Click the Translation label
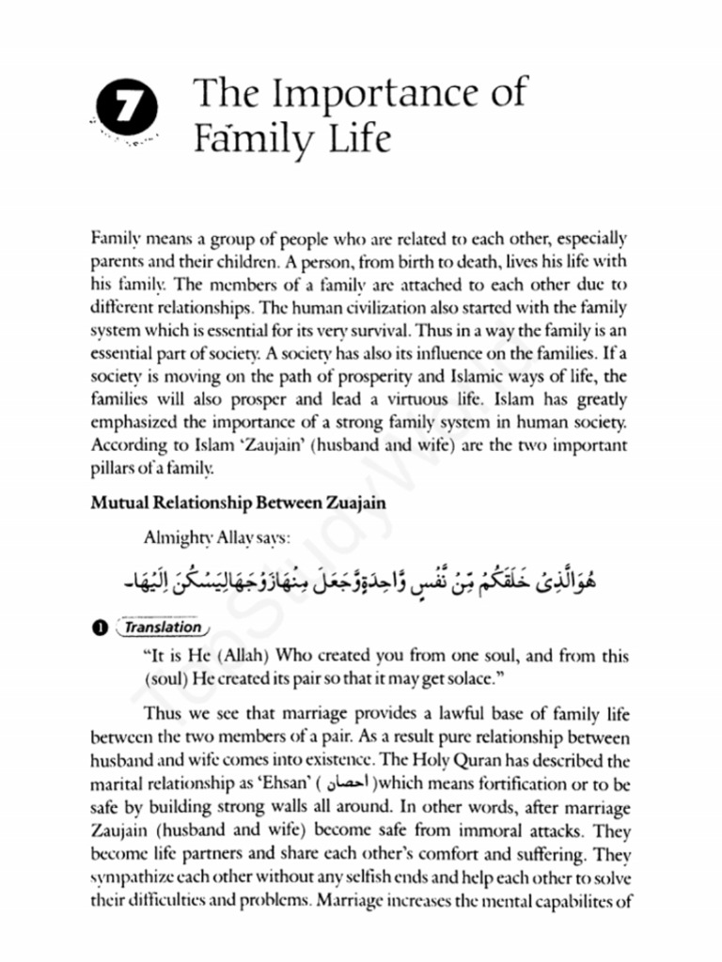[x=164, y=627]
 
